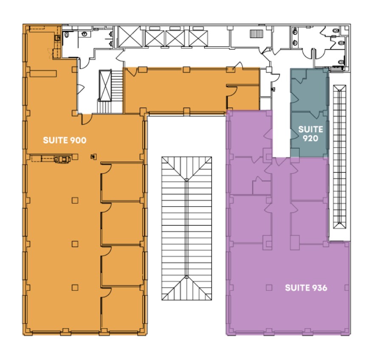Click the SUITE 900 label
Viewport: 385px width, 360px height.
click(65, 140)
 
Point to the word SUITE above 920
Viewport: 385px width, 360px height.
click(311, 129)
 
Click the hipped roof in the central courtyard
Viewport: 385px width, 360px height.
click(186, 229)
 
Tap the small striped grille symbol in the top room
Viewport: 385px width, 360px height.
click(257, 33)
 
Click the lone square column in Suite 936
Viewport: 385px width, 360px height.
click(268, 287)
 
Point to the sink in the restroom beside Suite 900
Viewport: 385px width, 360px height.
click(67, 36)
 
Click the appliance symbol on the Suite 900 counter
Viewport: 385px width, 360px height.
click(62, 159)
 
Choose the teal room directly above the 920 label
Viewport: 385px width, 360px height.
click(309, 89)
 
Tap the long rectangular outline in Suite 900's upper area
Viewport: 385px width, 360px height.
click(43, 73)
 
